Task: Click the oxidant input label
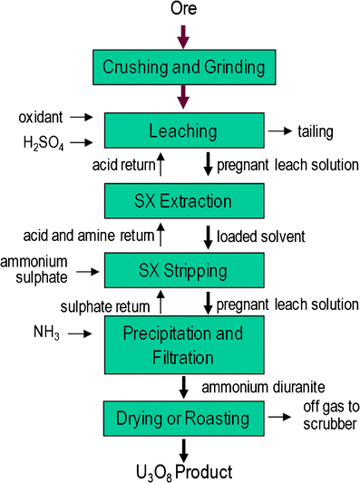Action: pos(41,117)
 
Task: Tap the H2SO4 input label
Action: pos(41,142)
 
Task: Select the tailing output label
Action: pos(316,132)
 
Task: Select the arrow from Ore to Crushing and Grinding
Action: pos(183,36)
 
